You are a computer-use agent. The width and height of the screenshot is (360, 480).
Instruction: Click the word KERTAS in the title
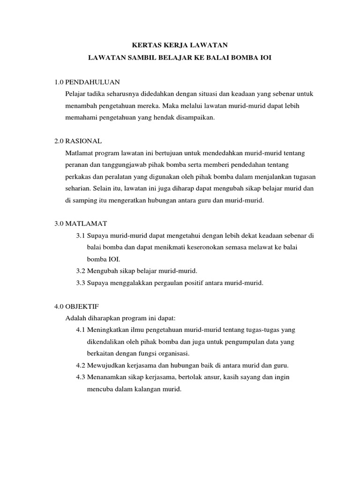143,45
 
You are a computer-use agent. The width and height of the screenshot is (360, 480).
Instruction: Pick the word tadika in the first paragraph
102,94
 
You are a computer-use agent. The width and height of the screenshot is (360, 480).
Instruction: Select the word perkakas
80,176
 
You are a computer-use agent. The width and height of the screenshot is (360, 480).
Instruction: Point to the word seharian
79,188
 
